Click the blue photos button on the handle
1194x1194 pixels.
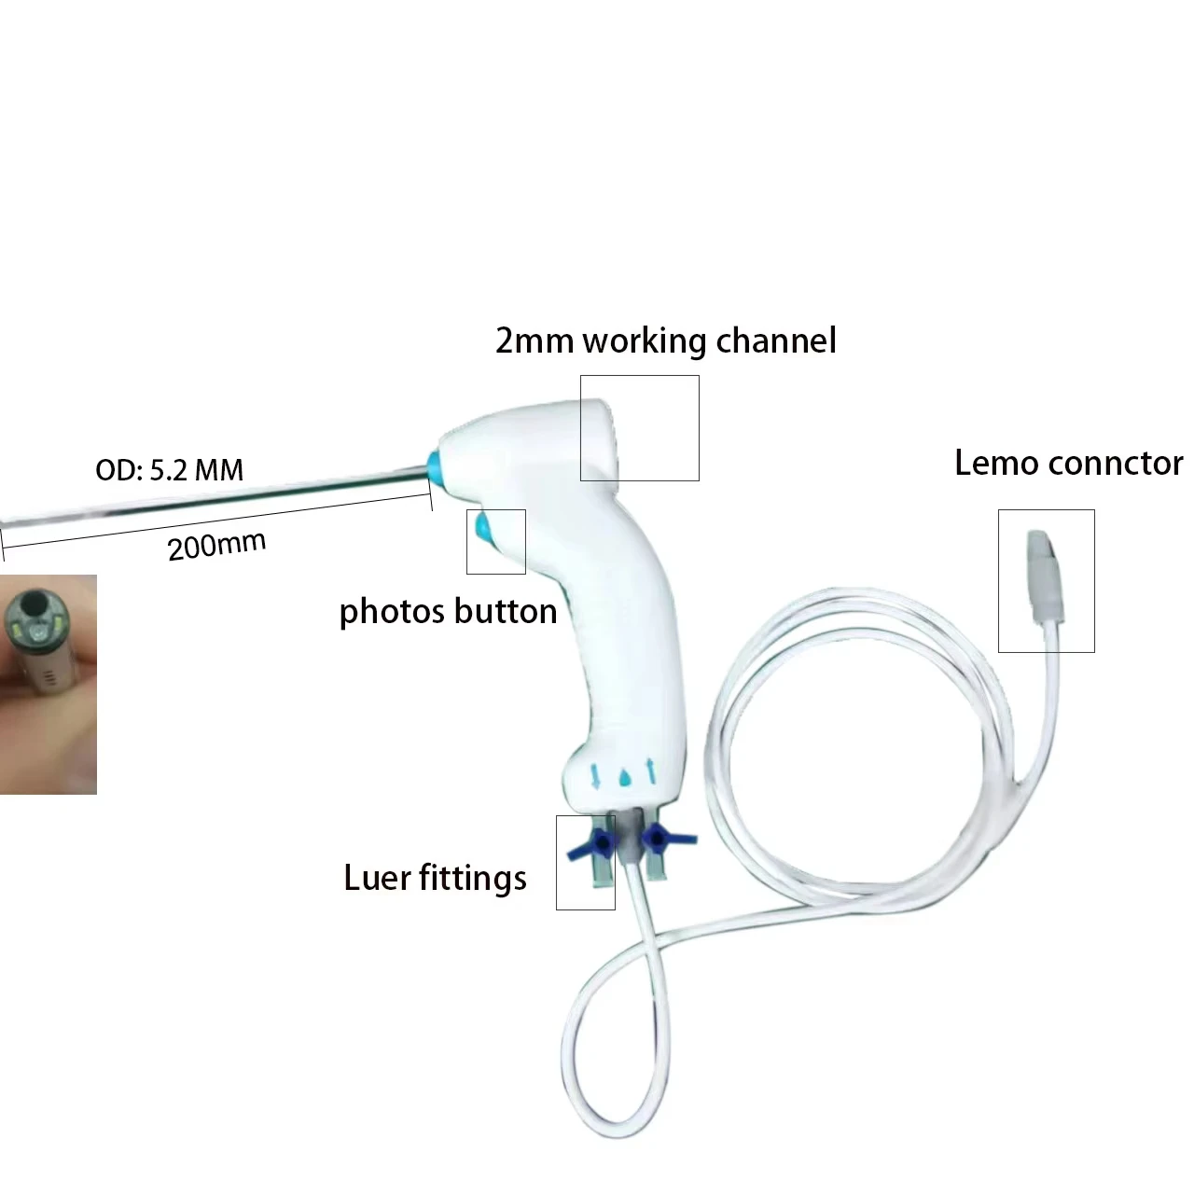484,528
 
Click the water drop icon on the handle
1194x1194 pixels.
624,777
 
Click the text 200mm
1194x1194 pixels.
216,544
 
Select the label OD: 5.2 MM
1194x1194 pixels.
169,469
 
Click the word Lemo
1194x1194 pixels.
995,463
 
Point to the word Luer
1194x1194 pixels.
379,878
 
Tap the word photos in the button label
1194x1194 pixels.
392,612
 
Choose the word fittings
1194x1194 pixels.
475,879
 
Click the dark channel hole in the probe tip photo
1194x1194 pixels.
38,605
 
